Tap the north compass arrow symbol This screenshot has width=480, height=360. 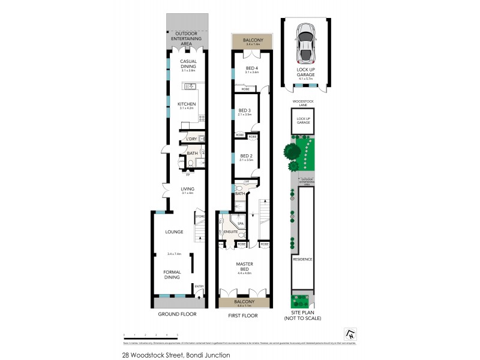click(350, 333)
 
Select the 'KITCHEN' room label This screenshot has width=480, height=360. click(187, 104)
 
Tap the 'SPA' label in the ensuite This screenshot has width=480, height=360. click(239, 223)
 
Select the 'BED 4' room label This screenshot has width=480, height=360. click(251, 68)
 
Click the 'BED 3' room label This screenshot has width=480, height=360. click(244, 110)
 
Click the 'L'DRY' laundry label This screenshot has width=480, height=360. click(191, 139)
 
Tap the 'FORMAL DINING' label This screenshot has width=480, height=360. click(172, 275)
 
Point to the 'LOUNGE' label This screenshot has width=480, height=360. click(174, 232)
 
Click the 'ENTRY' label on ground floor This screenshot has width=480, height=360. click(199, 286)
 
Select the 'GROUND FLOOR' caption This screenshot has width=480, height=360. click(177, 314)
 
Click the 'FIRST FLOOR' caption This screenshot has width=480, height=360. click(243, 314)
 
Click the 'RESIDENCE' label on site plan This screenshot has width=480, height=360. click(302, 259)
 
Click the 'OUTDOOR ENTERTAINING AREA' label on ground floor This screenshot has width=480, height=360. click(187, 38)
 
